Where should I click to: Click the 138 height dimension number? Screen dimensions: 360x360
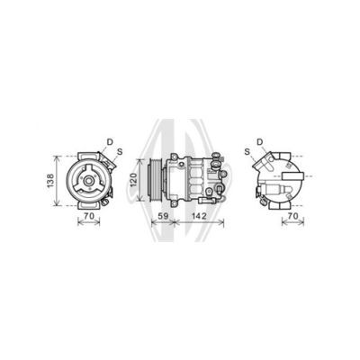(50, 181)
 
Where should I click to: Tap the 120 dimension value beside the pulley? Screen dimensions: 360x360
(133, 180)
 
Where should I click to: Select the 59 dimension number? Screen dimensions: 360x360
(163, 216)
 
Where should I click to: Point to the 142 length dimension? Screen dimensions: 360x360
(199, 216)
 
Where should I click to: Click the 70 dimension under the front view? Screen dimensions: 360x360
(89, 216)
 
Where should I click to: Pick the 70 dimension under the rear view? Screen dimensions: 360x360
(293, 216)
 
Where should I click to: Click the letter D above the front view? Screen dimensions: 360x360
(110, 142)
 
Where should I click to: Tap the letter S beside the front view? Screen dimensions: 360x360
(120, 152)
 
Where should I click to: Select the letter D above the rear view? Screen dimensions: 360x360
(260, 142)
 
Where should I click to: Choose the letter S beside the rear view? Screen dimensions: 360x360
(247, 152)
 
